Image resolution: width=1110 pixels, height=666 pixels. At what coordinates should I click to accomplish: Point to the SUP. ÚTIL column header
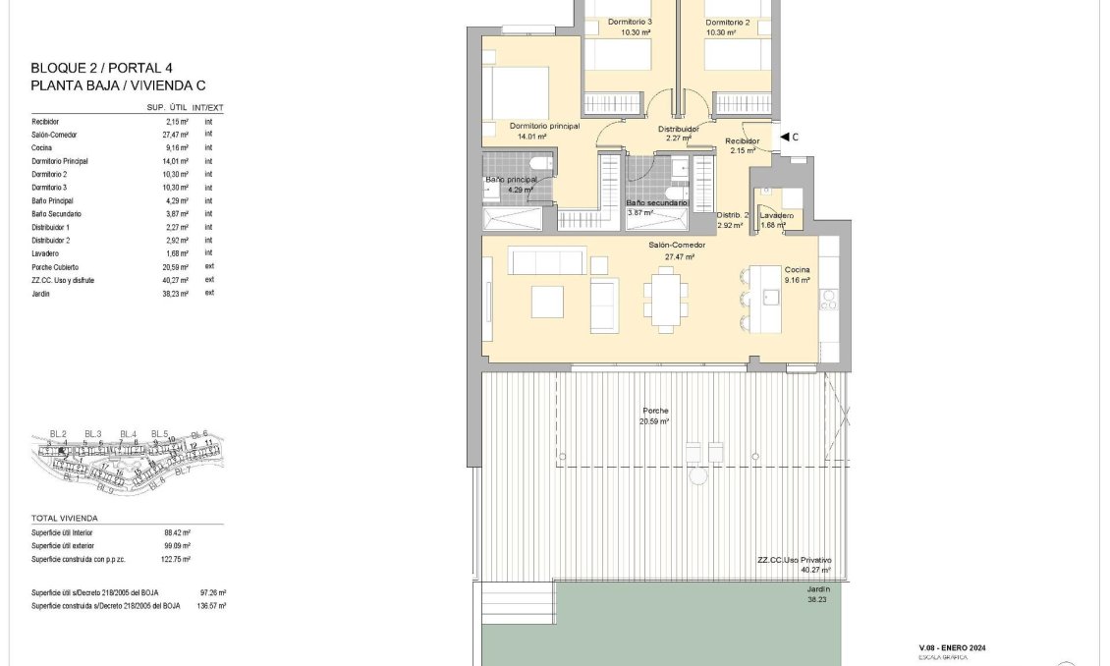pos(168,107)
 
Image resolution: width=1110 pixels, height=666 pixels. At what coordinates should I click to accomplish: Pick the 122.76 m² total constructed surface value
pos(177,559)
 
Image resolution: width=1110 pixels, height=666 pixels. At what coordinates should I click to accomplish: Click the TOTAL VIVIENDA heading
pos(65,518)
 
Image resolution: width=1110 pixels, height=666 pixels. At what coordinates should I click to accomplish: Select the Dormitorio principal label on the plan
pos(544,127)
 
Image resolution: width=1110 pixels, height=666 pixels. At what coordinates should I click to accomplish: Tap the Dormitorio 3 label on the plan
pos(630,22)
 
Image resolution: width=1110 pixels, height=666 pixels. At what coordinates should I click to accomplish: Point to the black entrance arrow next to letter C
pos(784,138)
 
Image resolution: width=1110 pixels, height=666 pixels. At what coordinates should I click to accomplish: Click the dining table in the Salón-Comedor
pos(664,296)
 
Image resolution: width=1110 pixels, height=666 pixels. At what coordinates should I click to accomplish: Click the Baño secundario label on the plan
pos(657,203)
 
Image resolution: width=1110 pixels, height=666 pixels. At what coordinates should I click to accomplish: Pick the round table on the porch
pos(697,477)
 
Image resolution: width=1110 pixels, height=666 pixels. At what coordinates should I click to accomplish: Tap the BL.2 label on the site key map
pos(58,433)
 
